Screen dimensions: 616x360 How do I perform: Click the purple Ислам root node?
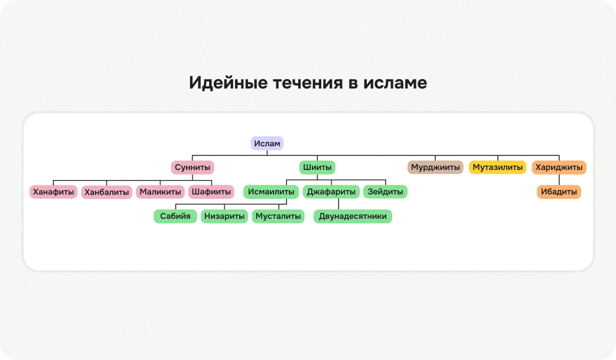[x=267, y=143]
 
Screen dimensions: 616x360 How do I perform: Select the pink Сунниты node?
[x=193, y=167]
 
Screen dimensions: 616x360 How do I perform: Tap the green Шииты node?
[x=317, y=167]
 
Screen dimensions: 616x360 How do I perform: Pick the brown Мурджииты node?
[x=435, y=167]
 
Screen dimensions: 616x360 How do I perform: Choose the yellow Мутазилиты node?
[x=498, y=167]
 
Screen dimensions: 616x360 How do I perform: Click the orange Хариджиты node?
[x=559, y=167]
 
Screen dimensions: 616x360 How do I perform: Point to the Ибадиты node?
[x=559, y=192]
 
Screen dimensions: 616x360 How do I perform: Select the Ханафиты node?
[x=53, y=192]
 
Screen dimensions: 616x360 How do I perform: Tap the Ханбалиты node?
[x=106, y=192]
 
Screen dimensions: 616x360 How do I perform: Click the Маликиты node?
[x=160, y=192]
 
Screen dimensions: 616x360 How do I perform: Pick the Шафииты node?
[x=211, y=192]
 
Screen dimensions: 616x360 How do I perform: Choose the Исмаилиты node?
[x=271, y=192]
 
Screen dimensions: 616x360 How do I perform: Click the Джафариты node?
[x=331, y=192]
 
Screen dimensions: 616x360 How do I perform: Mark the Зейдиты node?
[x=386, y=192]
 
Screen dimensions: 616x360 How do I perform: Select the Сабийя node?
[x=175, y=216]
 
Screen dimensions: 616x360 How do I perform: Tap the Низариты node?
[x=224, y=216]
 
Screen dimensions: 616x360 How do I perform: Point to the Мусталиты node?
[x=278, y=216]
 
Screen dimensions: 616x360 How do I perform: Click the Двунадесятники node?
[x=353, y=216]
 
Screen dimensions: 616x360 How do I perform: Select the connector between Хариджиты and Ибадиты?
[x=559, y=179]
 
